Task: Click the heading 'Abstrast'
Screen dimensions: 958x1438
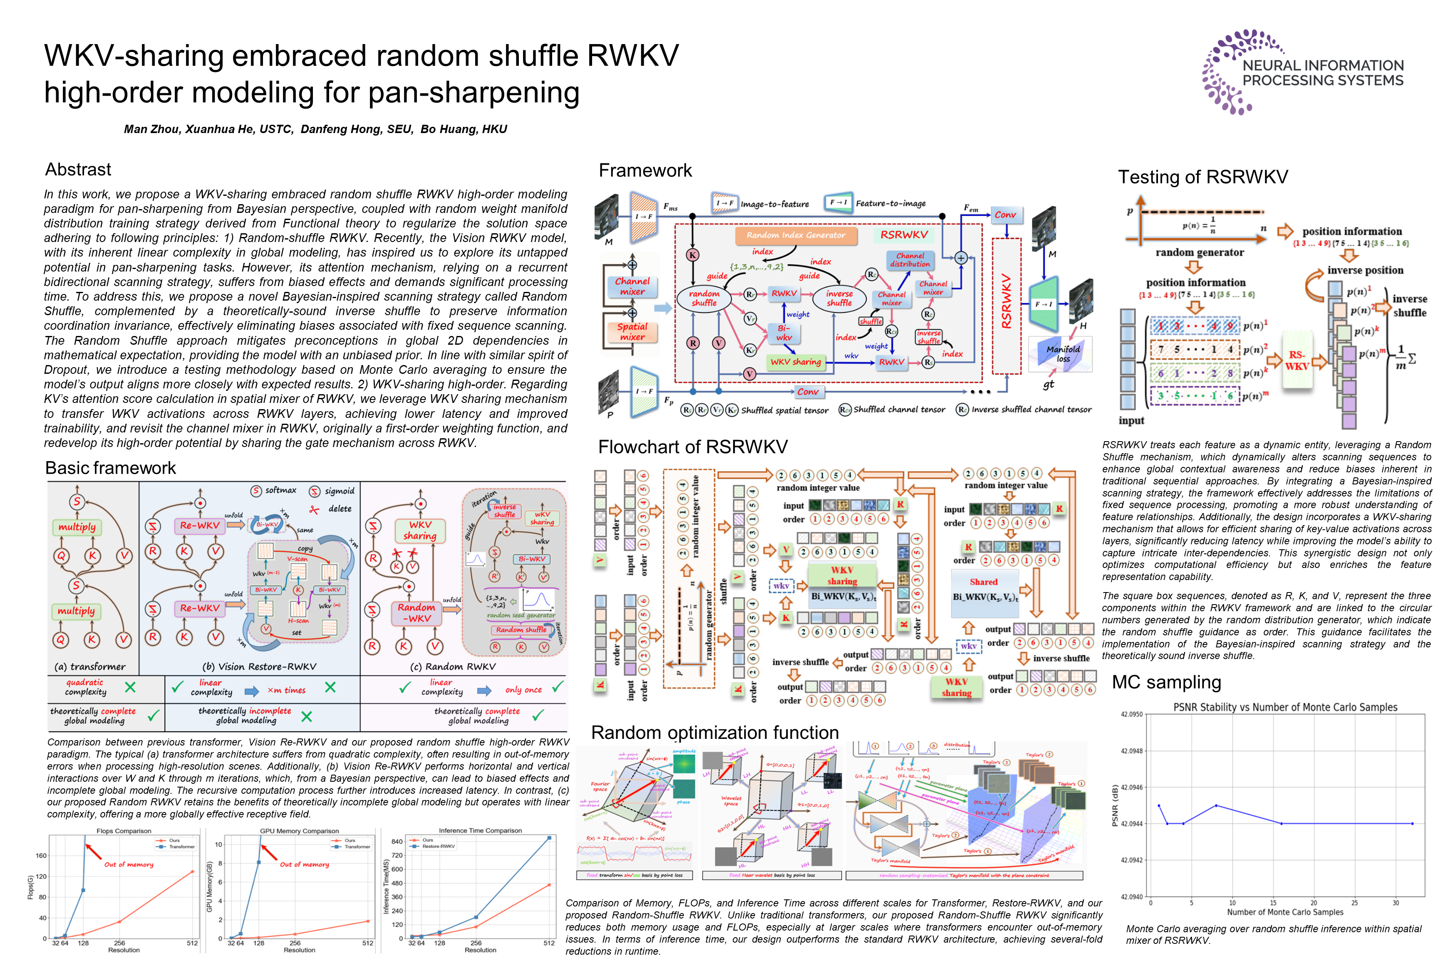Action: (x=78, y=169)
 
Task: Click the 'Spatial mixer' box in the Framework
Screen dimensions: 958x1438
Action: (x=632, y=332)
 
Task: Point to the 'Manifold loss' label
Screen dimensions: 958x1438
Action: (x=1063, y=354)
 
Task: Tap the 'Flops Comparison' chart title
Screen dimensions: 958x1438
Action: (x=124, y=831)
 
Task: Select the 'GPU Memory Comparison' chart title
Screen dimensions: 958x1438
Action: (x=299, y=831)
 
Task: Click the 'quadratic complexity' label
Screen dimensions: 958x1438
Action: (x=85, y=687)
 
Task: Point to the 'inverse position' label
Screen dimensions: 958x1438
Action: (x=1365, y=270)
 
